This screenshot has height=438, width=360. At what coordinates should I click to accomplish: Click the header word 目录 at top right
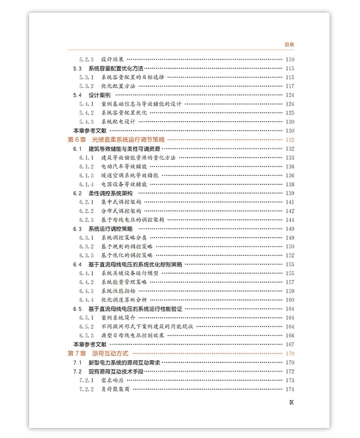click(x=289, y=45)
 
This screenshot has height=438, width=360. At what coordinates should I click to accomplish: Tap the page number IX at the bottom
click(x=291, y=402)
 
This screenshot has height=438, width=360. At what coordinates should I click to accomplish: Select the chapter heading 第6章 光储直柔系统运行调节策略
click(x=116, y=140)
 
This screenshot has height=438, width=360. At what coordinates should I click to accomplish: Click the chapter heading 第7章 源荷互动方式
click(x=98, y=353)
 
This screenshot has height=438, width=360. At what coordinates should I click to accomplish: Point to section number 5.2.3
click(x=86, y=60)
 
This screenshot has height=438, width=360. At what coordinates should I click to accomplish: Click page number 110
click(x=289, y=60)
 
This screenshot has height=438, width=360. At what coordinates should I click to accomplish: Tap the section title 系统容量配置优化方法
click(x=116, y=68)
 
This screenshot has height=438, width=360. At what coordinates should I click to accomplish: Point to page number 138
click(x=289, y=184)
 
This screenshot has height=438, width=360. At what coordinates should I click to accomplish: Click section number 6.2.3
click(x=86, y=220)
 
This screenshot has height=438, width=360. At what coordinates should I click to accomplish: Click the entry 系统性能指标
click(x=118, y=291)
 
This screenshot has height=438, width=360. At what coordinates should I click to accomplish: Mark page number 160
click(x=289, y=300)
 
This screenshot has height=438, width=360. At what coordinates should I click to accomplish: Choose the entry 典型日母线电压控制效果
click(x=133, y=336)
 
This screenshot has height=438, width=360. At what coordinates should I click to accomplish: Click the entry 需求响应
click(x=112, y=380)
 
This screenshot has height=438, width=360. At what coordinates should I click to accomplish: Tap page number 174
click(x=289, y=389)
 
